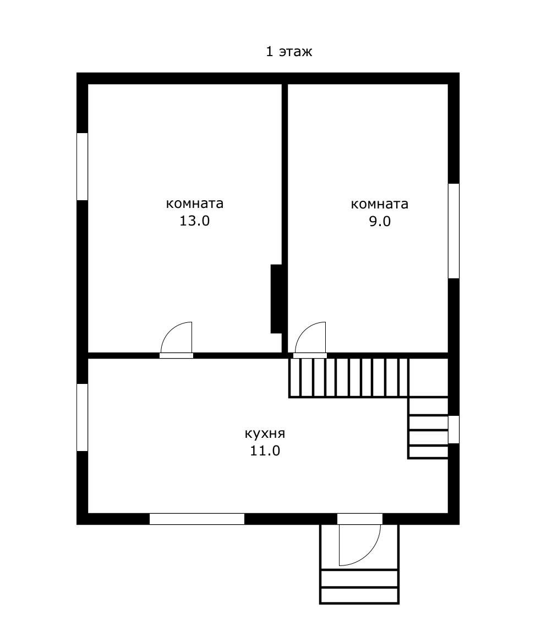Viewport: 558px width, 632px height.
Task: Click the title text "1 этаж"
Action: [289, 52]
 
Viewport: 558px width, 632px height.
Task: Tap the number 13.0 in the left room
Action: [194, 221]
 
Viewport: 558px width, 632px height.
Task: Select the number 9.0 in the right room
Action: [380, 221]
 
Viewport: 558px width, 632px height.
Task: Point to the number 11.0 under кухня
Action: [265, 450]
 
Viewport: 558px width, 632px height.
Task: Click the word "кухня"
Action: [265, 433]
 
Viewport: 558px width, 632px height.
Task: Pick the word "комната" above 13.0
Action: [194, 203]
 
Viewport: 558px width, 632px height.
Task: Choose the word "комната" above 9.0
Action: [379, 204]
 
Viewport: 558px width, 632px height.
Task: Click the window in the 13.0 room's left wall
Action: [82, 167]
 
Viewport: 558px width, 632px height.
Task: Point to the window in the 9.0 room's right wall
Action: [454, 231]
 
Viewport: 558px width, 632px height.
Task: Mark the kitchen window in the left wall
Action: [82, 417]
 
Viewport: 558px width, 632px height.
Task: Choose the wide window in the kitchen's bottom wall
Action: [197, 519]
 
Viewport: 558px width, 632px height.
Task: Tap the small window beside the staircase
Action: [454, 430]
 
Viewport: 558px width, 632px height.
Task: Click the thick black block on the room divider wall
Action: [276, 299]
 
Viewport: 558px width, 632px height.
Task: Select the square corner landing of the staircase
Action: [428, 377]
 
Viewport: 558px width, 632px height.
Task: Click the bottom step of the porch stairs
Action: [359, 595]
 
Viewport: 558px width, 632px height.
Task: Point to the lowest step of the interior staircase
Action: [428, 452]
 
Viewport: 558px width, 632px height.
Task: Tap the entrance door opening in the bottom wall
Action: [360, 519]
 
